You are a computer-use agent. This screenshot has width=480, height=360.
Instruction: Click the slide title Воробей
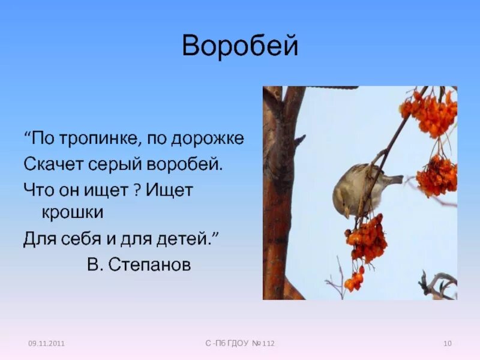click(240, 46)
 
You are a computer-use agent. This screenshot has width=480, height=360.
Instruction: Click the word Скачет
click(49, 164)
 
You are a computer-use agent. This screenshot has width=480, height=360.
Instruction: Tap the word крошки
click(73, 212)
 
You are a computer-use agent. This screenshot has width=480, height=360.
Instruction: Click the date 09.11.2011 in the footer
click(46, 343)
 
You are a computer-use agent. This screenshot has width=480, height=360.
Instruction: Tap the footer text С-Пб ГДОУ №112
click(240, 343)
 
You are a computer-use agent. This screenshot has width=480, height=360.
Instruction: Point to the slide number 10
click(447, 343)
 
